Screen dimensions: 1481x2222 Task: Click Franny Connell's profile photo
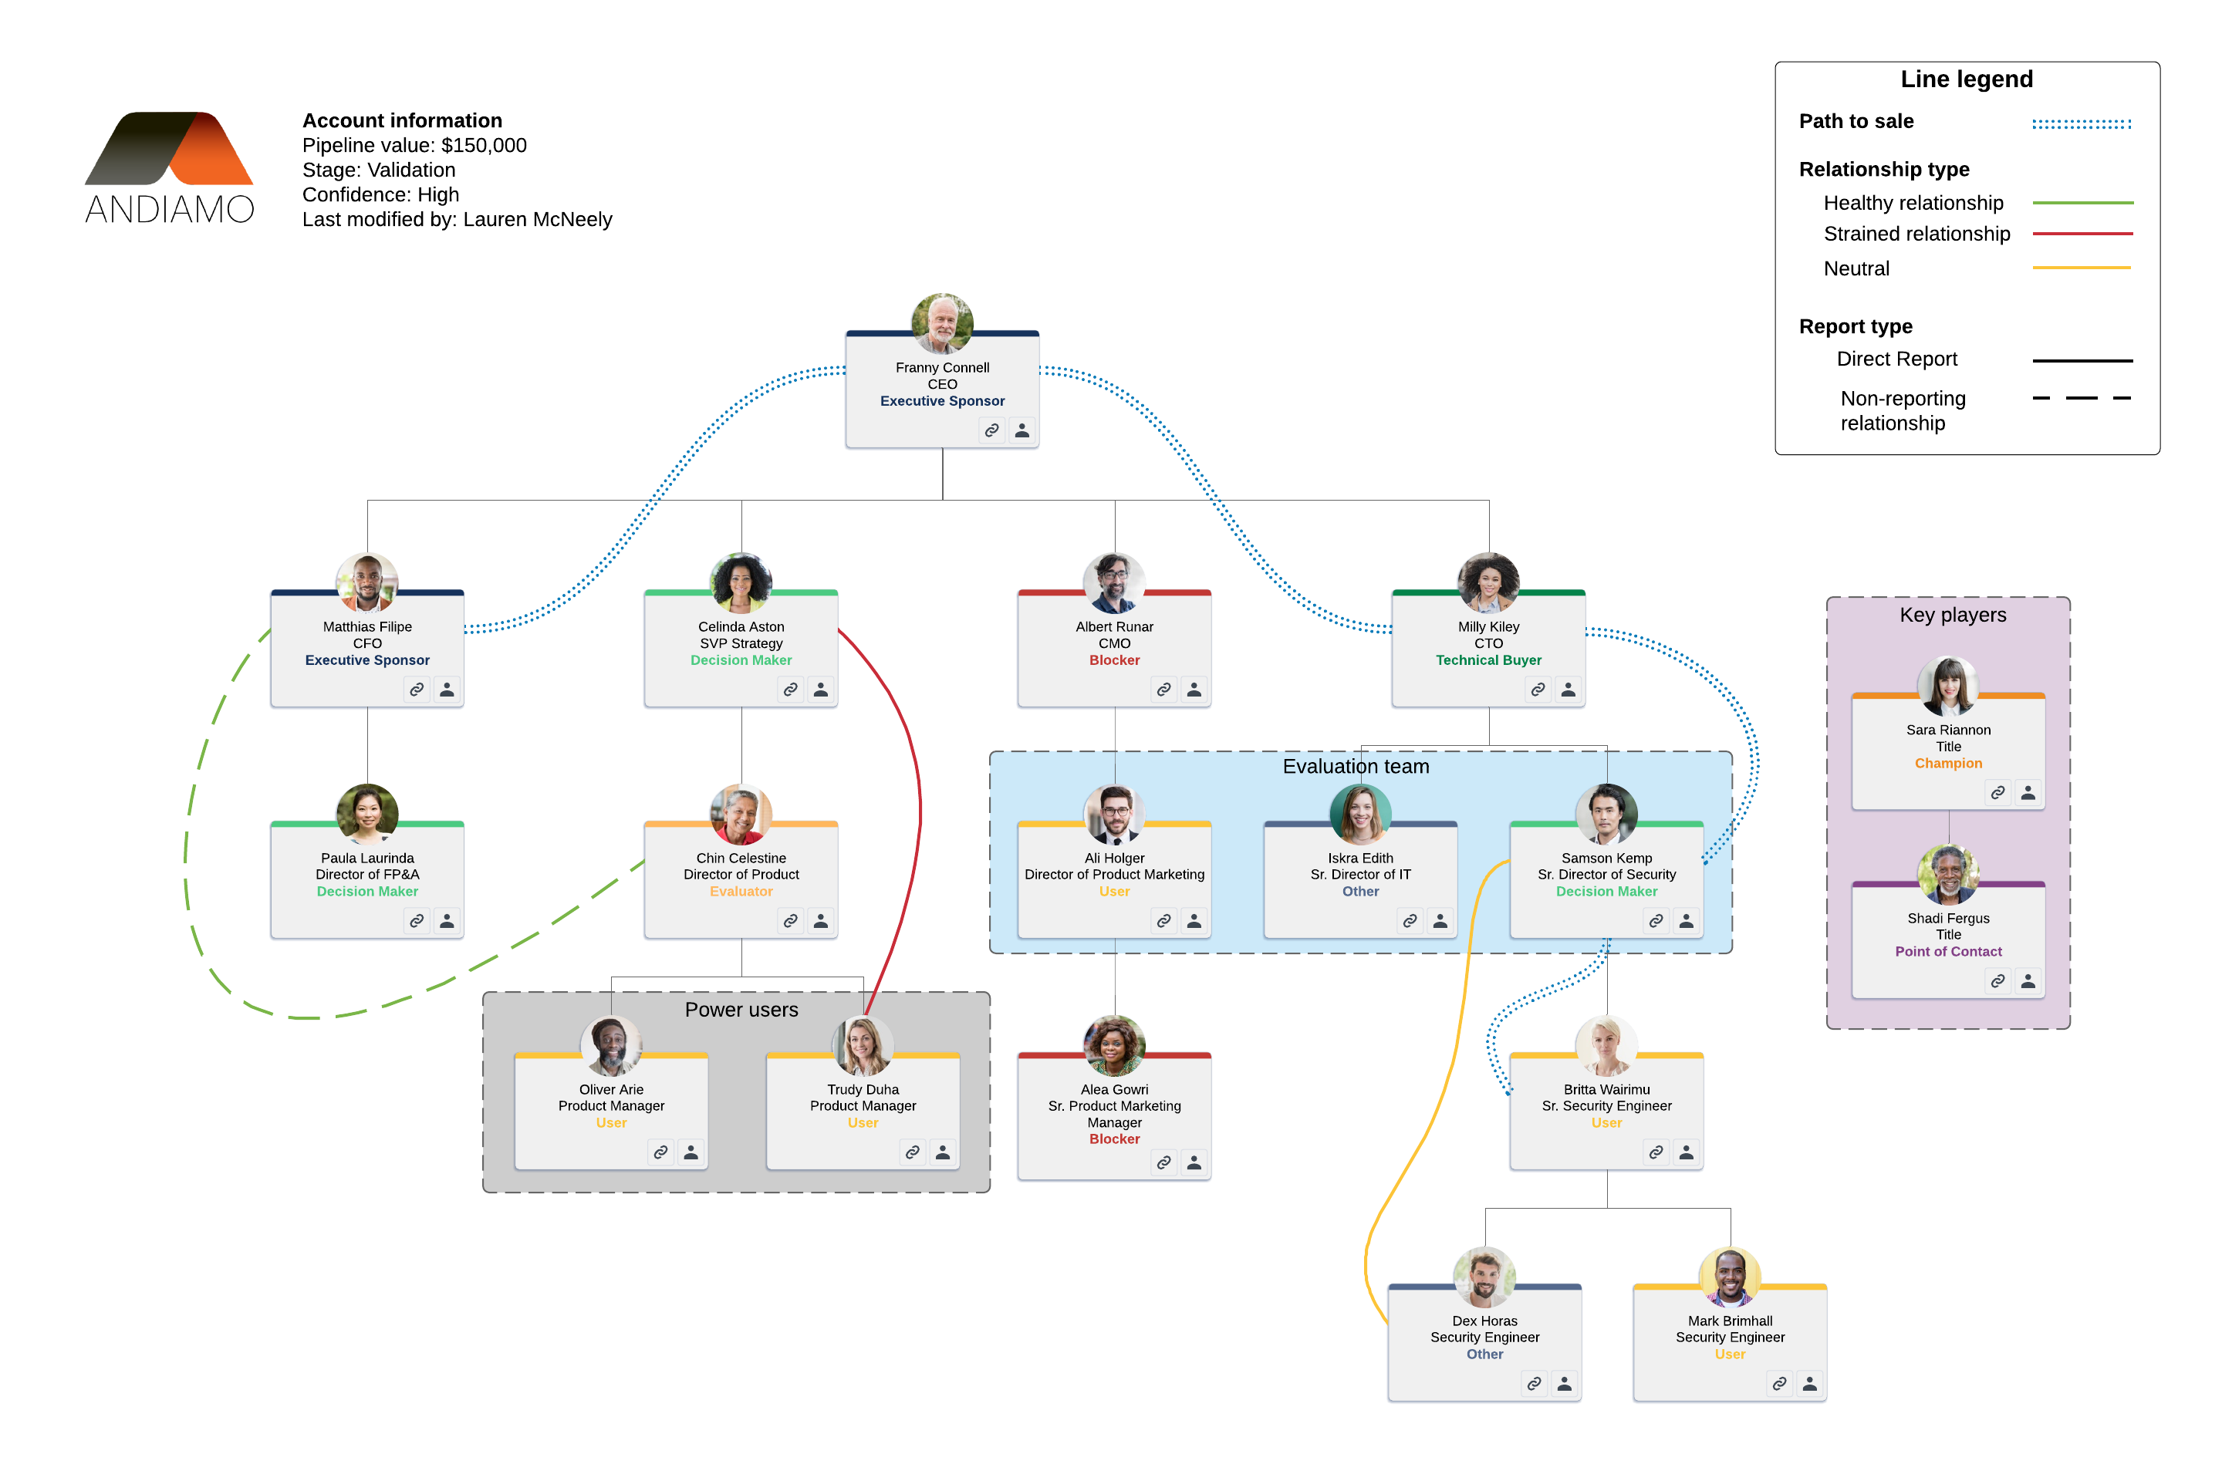coord(942,324)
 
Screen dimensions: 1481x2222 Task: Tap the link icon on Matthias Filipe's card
coord(417,690)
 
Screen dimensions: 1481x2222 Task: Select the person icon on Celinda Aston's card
coord(821,690)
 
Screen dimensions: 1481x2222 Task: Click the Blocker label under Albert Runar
coord(1114,660)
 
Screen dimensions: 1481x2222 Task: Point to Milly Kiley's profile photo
coord(1488,583)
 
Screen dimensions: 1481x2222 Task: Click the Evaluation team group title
coord(1356,766)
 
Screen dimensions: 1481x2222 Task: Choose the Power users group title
coord(741,1010)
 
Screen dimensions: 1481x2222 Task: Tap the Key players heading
coord(1953,615)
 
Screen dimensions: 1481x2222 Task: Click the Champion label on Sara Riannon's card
coord(1948,763)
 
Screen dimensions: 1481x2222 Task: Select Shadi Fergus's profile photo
coord(1948,875)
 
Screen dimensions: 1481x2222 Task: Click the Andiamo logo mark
coord(170,148)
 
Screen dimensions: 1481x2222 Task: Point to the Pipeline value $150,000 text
coord(414,146)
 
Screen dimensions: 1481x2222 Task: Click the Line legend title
coord(1966,79)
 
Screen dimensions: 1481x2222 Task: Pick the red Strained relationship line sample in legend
coord(2082,233)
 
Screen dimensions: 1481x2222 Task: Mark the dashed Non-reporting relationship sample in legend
coord(2082,399)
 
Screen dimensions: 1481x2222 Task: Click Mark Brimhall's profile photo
coord(1730,1277)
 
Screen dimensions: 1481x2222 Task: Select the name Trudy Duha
coord(863,1089)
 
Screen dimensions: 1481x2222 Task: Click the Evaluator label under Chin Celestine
coord(741,892)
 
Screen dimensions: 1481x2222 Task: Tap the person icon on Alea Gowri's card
coord(1194,1162)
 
